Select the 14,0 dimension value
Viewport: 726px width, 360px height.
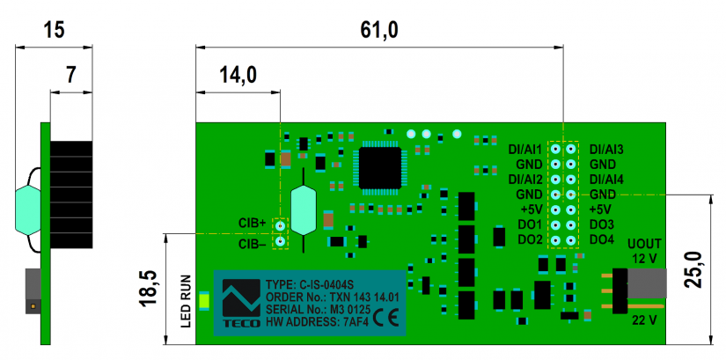pyautogui.click(x=238, y=75)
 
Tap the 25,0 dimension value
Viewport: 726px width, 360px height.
pyautogui.click(x=695, y=269)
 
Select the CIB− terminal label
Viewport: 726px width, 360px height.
pyautogui.click(x=252, y=242)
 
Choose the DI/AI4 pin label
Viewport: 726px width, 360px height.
pyautogui.click(x=606, y=179)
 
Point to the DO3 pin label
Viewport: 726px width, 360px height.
pyautogui.click(x=602, y=224)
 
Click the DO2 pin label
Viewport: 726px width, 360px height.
pyautogui.click(x=530, y=239)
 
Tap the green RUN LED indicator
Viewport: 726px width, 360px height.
pyautogui.click(x=205, y=303)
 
